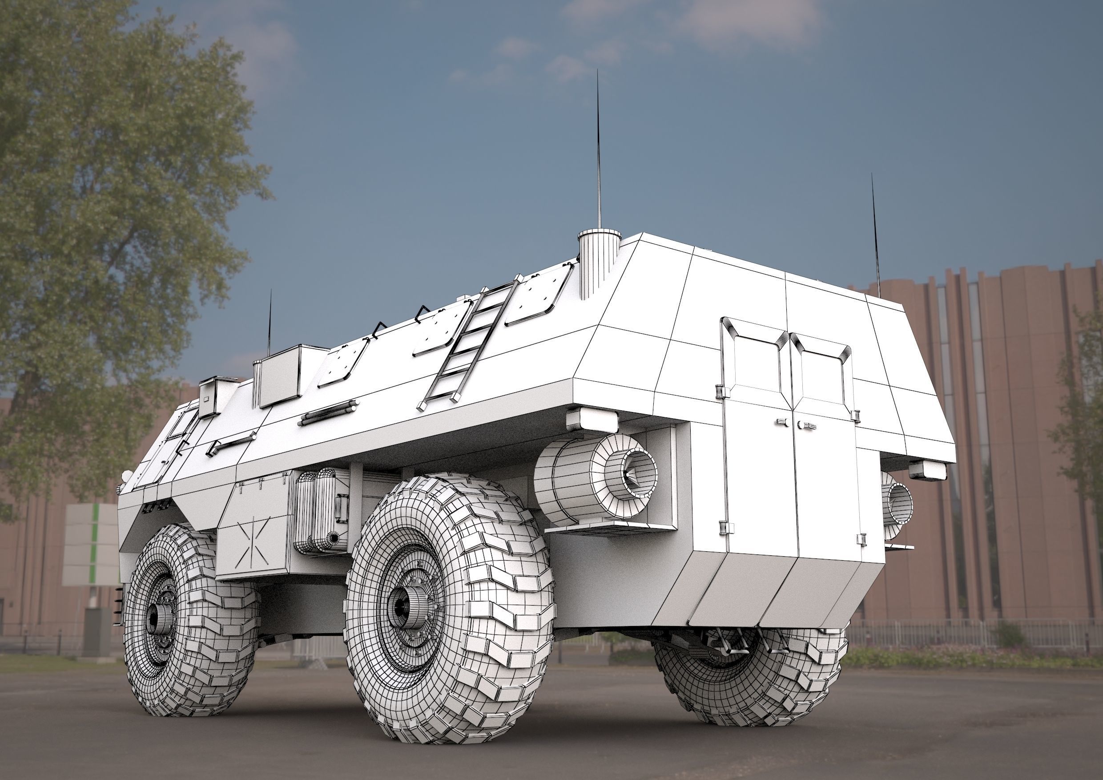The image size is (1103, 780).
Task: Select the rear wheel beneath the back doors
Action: [749, 673]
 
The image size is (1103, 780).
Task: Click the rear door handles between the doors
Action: [795, 424]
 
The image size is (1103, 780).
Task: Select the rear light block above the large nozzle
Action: [592, 419]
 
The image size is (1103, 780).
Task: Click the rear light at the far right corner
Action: [927, 470]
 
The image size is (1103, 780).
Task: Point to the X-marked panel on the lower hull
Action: [253, 542]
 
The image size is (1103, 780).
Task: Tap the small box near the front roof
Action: [213, 396]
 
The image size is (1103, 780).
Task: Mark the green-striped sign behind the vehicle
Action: [91, 543]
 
